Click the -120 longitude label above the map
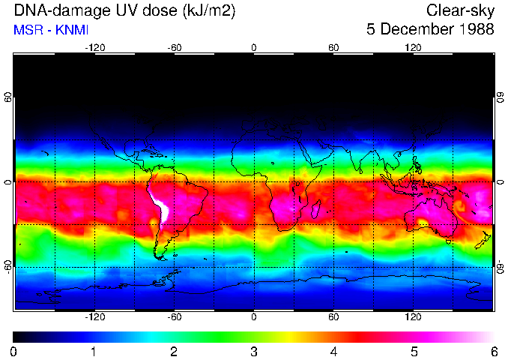pos(94,47)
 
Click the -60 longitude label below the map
pos(175,317)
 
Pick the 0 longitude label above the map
pos(254,47)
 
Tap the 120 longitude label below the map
pos(413,317)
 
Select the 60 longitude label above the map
pos(333,47)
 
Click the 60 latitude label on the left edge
pos(8,97)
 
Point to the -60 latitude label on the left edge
pos(8,266)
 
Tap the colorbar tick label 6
pos(492,352)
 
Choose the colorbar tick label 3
pos(253,352)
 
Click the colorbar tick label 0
pos(13,352)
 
